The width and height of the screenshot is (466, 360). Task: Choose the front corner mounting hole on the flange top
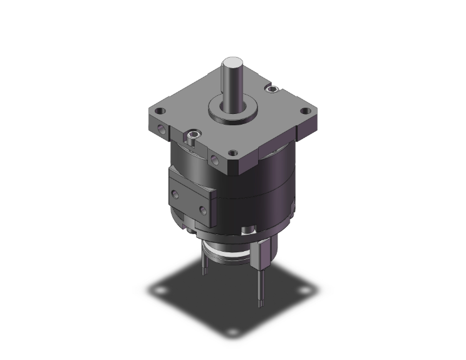coord(233,152)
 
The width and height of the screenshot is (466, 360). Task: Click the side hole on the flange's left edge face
coord(163,132)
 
